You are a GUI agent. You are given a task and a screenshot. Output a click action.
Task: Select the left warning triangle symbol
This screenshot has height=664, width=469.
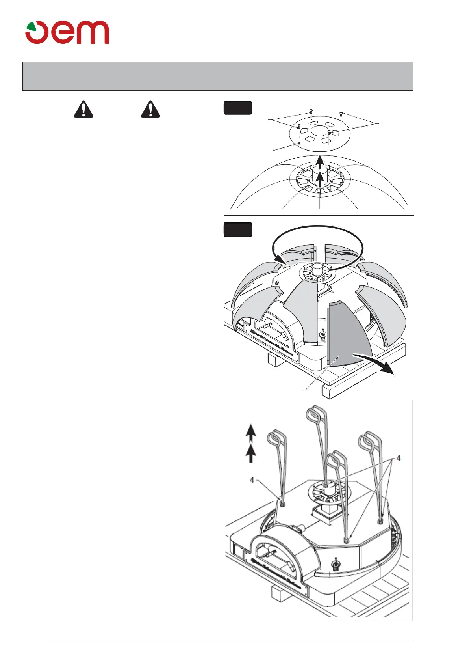(x=83, y=109)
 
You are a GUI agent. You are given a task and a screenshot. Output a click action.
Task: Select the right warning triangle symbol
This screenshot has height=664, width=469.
(x=150, y=109)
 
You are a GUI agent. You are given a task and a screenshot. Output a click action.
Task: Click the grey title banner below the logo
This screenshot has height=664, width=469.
(x=217, y=76)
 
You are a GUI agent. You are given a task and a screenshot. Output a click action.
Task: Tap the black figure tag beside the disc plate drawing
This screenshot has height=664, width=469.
(x=237, y=108)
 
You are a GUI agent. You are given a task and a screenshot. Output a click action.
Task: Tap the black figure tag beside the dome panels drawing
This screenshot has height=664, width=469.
(x=237, y=229)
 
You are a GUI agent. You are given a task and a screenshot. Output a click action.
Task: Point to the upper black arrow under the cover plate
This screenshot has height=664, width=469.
(x=321, y=161)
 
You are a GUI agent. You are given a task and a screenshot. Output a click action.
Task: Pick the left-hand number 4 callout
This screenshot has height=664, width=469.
(x=252, y=480)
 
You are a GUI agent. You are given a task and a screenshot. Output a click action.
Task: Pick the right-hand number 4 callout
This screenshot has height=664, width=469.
(x=399, y=458)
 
